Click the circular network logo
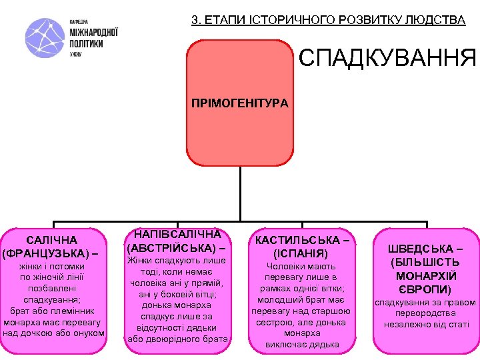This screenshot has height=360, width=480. click(x=45, y=39)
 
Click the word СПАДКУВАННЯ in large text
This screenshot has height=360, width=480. click(x=387, y=59)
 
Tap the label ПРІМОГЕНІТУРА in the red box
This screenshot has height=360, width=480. click(x=240, y=103)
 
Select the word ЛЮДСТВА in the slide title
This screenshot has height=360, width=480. click(x=436, y=20)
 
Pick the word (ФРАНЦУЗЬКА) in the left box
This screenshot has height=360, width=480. click(x=45, y=253)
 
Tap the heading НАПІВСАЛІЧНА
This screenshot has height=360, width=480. click(x=177, y=235)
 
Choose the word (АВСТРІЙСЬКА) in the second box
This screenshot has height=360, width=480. click(x=172, y=248)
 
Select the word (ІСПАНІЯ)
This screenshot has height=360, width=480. click(x=301, y=253)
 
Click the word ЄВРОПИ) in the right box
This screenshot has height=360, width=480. click(x=427, y=289)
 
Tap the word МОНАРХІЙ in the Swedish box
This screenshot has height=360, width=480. click(x=427, y=275)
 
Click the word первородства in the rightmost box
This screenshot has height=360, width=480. click(x=427, y=313)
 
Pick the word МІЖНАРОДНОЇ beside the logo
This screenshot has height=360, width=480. click(x=94, y=32)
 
